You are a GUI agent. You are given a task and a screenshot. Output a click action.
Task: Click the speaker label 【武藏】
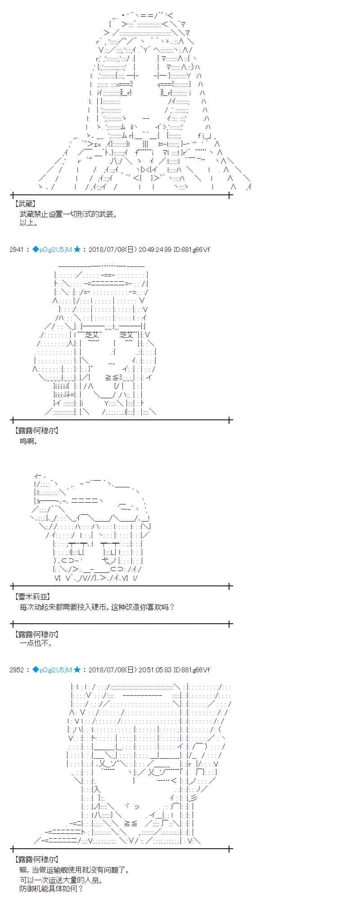(25, 204)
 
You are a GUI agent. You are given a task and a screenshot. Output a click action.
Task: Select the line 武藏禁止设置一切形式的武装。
(68, 214)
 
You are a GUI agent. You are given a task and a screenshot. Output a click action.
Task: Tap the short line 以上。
(29, 223)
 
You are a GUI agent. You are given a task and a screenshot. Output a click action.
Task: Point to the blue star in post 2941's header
(77, 249)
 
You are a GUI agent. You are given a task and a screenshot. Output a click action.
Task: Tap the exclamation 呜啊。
(29, 441)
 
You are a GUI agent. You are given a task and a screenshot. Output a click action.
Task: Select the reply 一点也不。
(36, 643)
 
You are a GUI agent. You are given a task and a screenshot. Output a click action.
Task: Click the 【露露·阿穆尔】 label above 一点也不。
(36, 634)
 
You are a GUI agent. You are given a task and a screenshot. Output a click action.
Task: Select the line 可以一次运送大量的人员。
(61, 880)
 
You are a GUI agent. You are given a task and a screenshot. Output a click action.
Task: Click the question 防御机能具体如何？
(52, 889)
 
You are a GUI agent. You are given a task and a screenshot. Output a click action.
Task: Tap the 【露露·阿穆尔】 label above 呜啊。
(36, 431)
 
